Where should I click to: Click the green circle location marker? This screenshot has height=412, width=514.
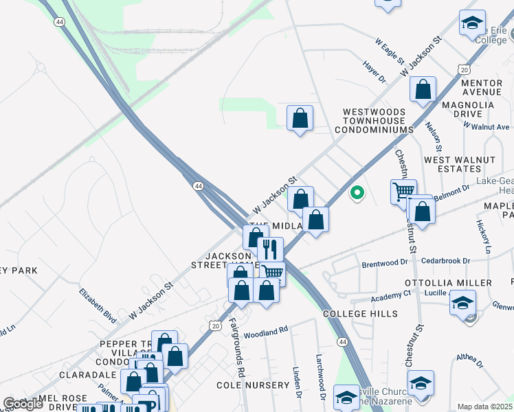pos(357,193)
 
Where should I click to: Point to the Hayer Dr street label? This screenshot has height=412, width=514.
pos(373,71)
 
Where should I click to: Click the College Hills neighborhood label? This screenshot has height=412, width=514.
pos(360,314)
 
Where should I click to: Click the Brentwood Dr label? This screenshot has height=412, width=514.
pos(385,263)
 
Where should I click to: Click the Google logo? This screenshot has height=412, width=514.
pos(23,403)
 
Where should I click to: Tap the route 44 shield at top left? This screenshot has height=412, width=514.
pos(60,23)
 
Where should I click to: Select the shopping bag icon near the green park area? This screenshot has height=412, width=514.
pos(300,118)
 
